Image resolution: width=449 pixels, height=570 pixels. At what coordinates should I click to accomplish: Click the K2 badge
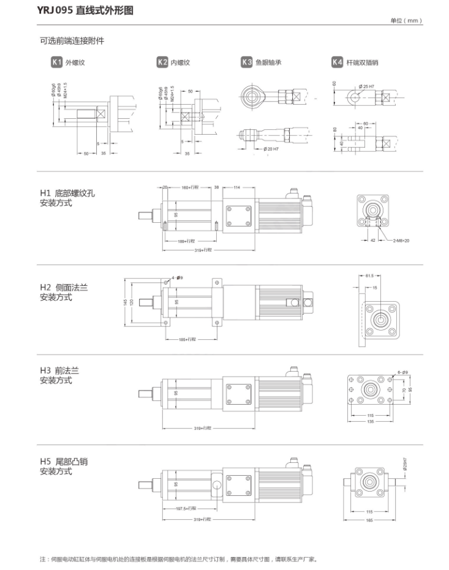(162, 62)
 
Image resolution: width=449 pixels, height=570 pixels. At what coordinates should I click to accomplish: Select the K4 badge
(337, 62)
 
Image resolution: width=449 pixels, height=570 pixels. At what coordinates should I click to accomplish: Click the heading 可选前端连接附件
(72, 41)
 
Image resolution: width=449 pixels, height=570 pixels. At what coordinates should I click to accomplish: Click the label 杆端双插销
(362, 62)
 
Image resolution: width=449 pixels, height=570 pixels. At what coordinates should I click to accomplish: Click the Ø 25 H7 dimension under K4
(368, 86)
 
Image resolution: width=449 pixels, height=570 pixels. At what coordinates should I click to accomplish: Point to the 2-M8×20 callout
(401, 241)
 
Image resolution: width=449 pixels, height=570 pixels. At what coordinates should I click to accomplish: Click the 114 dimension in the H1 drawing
(237, 187)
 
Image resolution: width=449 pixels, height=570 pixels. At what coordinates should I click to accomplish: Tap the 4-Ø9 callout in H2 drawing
(178, 277)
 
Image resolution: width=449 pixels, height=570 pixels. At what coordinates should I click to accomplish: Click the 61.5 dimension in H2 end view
(369, 276)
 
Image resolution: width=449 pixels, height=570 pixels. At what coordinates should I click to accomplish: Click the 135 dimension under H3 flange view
(370, 421)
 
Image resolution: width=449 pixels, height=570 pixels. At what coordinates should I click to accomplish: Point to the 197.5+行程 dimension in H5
(185, 508)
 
